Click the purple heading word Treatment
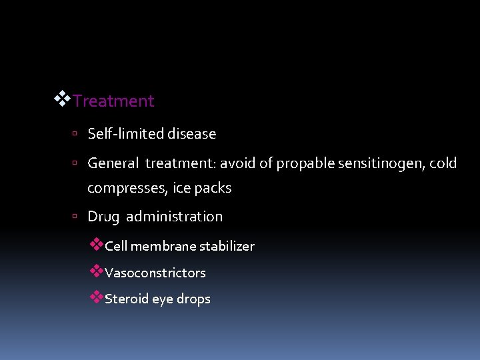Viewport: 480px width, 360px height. tap(113, 101)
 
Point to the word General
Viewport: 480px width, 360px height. tap(113, 163)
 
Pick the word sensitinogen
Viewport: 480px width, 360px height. tap(372, 163)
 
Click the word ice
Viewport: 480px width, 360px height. tap(181, 189)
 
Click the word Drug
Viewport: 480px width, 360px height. tap(103, 217)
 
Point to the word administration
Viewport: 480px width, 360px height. tap(175, 217)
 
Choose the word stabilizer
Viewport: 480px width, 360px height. tap(227, 246)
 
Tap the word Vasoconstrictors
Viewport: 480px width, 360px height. tap(155, 273)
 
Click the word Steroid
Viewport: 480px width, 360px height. tap(127, 299)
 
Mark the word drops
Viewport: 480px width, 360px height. tap(193, 299)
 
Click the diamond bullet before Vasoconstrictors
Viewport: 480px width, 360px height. tap(97, 271)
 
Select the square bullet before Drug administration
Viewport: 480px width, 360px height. tap(77, 217)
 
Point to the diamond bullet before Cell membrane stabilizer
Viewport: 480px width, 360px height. tap(97, 244)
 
